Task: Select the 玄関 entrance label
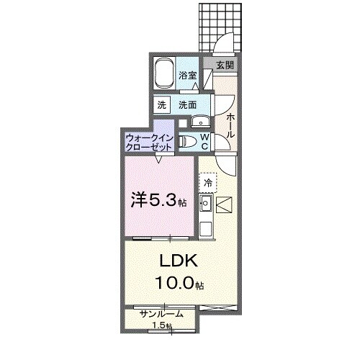tap(225, 65)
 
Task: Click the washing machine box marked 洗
tap(161, 104)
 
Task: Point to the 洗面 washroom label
tap(187, 104)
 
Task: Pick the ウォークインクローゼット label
tap(148, 141)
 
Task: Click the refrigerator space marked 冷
tap(207, 184)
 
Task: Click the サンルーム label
tap(161, 314)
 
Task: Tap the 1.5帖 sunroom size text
tap(161, 327)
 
